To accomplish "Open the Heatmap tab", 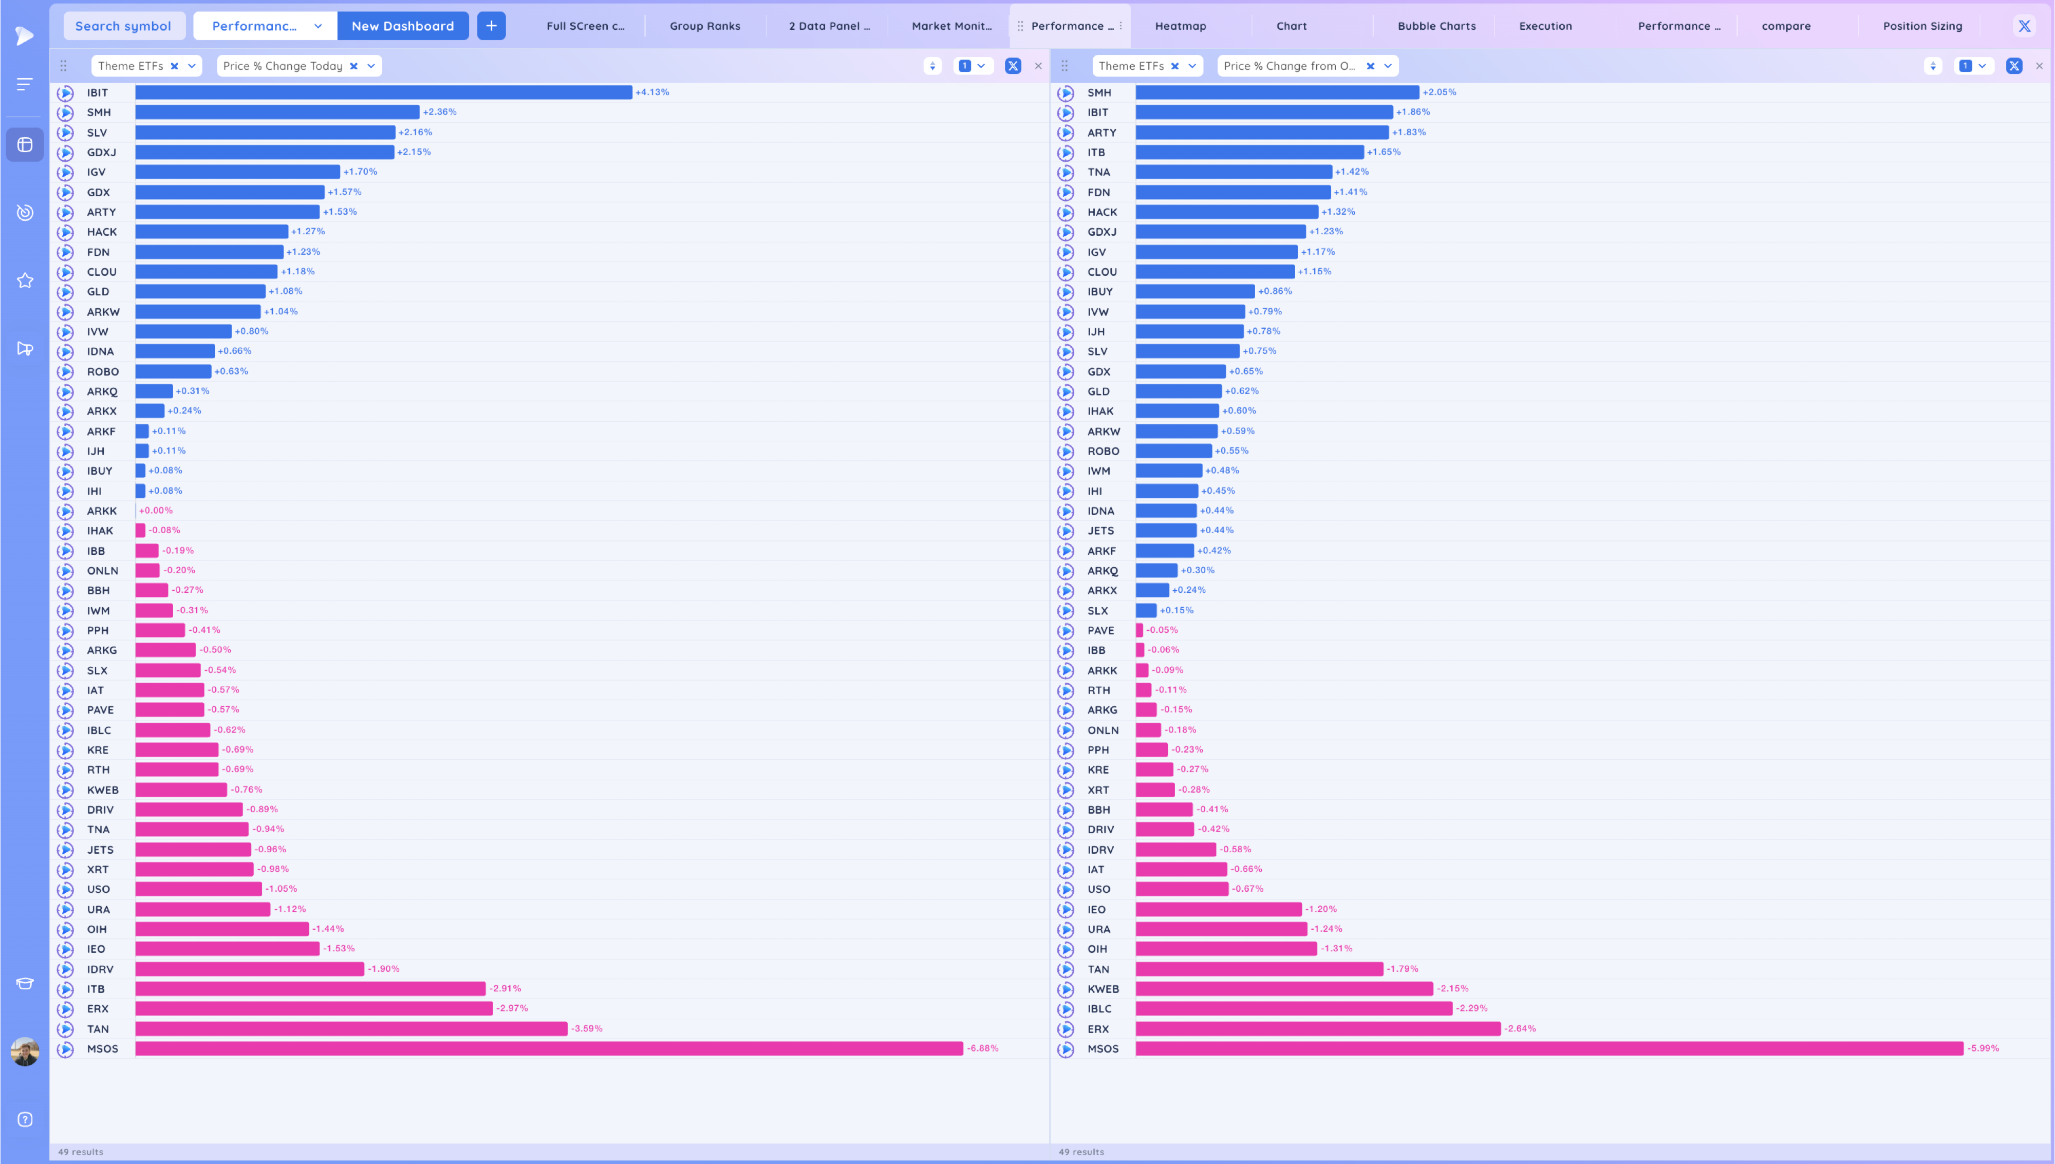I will pos(1180,26).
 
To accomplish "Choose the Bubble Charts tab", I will pos(1436,26).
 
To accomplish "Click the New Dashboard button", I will pos(402,26).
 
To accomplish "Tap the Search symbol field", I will pos(123,26).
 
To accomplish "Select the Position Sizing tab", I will pos(1922,26).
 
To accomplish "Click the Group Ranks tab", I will pos(704,26).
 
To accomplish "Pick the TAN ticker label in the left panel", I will pos(98,1029).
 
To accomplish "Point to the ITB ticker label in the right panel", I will pos(1096,153).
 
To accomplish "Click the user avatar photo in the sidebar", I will pos(25,1052).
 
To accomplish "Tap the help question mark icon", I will pos(25,1119).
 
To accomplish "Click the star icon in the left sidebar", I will pos(25,280).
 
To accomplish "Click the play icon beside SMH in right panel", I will pos(1066,93).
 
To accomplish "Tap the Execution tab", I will pos(1545,26).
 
